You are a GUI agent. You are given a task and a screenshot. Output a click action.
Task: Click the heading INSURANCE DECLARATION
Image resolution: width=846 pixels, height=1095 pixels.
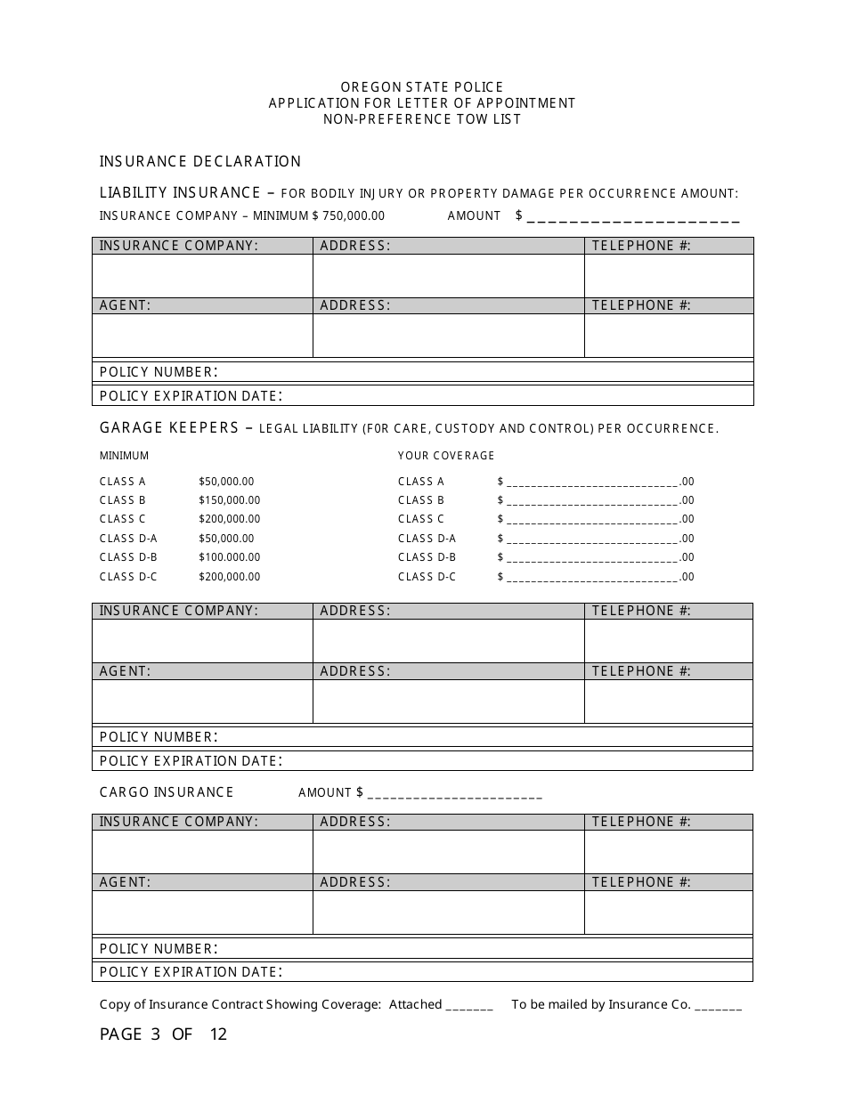200,162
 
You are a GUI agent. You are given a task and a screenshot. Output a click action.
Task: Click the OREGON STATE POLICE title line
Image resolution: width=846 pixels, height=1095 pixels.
422,87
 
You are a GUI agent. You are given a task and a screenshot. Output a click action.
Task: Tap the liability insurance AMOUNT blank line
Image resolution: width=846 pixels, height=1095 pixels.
633,218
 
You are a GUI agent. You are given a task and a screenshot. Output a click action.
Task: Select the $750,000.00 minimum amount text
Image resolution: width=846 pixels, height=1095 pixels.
348,216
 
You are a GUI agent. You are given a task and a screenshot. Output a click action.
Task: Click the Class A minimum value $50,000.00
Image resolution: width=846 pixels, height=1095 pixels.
226,482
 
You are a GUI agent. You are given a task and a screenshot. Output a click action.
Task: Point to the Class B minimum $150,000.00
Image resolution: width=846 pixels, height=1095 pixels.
230,500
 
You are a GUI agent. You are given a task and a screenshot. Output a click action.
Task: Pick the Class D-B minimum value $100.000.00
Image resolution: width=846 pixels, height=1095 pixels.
230,557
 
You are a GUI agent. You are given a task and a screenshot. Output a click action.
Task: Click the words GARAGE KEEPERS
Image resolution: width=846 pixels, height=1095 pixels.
169,428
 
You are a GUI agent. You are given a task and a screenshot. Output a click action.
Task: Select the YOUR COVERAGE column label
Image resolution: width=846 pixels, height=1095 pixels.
446,456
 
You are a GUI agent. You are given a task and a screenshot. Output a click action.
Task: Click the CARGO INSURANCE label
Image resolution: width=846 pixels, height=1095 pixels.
167,792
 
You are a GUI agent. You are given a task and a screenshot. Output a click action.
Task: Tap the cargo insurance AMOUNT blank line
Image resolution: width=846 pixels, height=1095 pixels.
454,795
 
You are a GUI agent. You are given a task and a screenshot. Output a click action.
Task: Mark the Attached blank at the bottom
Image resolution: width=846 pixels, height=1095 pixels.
469,1007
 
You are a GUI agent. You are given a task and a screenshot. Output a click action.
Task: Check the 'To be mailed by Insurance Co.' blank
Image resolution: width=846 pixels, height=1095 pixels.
718,1007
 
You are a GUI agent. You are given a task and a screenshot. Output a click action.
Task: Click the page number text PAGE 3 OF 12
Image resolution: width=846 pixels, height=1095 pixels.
164,1034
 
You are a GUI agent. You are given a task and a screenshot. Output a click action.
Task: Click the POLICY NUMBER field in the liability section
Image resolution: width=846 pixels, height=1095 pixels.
481,372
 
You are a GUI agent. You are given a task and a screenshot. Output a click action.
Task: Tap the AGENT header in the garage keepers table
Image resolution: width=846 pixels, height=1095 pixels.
126,671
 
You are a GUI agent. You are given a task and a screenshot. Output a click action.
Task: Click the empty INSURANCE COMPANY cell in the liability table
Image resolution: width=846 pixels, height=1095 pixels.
202,276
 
